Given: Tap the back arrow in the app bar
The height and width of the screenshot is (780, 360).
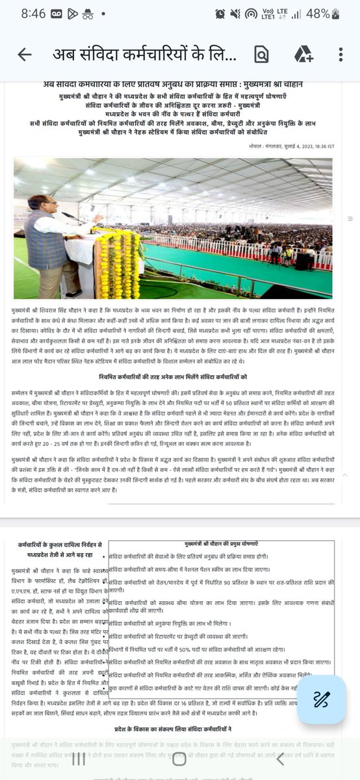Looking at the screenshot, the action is [25, 55].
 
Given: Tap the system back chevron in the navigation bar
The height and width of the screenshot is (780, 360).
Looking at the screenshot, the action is [279, 758].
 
